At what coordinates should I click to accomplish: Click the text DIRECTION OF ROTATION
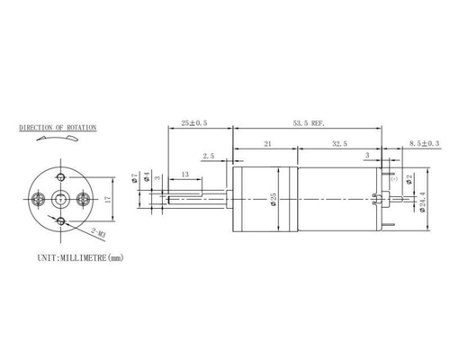[x=58, y=129]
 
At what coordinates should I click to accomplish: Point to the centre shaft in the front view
[x=60, y=198]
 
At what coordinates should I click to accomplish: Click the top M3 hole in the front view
[x=60, y=175]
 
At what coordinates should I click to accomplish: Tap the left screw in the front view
[x=38, y=198]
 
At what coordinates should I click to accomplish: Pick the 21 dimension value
[x=268, y=143]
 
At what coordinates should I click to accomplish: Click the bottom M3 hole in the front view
[x=60, y=220]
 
